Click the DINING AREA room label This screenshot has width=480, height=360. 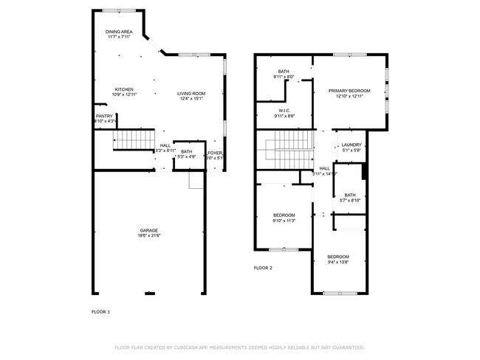click(119, 32)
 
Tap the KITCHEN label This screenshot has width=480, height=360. click(123, 89)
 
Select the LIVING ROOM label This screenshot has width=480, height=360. click(191, 94)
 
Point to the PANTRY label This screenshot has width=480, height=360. click(104, 116)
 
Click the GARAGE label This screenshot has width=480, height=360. click(148, 229)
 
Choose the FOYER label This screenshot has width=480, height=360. click(215, 152)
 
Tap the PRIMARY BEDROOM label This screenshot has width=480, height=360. click(349, 90)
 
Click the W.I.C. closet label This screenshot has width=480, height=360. click(284, 111)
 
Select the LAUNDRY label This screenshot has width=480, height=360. click(352, 145)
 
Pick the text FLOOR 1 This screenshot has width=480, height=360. click(100, 312)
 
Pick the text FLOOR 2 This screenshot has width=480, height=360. click(263, 268)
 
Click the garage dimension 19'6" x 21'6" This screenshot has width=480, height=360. click(148, 235)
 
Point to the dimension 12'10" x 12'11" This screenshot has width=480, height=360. click(349, 96)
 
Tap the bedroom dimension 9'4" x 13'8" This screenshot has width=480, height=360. click(338, 262)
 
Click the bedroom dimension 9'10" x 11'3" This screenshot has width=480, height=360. click(284, 221)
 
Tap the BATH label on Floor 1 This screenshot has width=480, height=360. click(186, 151)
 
